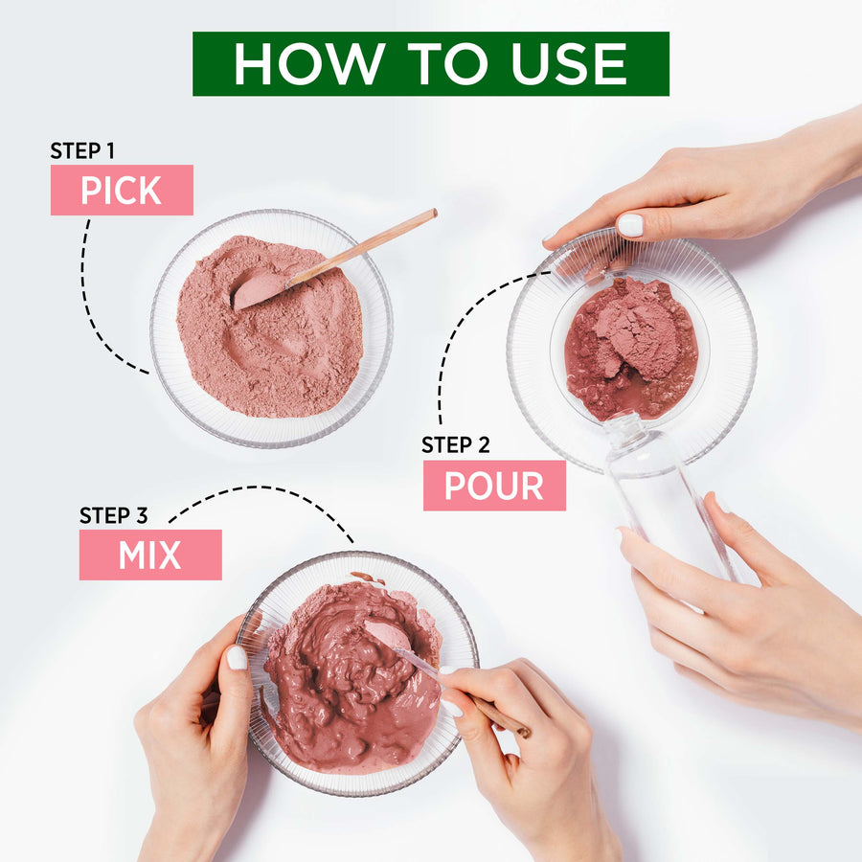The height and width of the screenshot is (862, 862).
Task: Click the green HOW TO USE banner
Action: click(x=431, y=64)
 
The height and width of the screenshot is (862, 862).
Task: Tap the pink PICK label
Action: click(x=122, y=190)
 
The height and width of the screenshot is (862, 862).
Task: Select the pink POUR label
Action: click(x=494, y=486)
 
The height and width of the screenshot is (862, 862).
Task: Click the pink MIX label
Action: click(x=150, y=555)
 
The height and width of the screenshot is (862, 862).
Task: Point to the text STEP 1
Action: click(x=82, y=150)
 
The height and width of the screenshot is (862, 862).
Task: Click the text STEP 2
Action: click(x=456, y=444)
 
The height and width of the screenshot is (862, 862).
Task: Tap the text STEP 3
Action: click(x=114, y=515)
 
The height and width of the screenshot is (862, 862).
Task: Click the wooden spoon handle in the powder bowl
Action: click(x=363, y=247)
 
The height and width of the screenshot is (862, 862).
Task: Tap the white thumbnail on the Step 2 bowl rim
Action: click(x=630, y=225)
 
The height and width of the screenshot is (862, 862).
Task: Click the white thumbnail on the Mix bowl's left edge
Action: click(x=237, y=657)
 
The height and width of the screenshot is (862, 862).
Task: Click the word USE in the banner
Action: click(x=569, y=64)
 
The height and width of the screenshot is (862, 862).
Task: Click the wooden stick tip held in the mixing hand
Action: click(x=527, y=733)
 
